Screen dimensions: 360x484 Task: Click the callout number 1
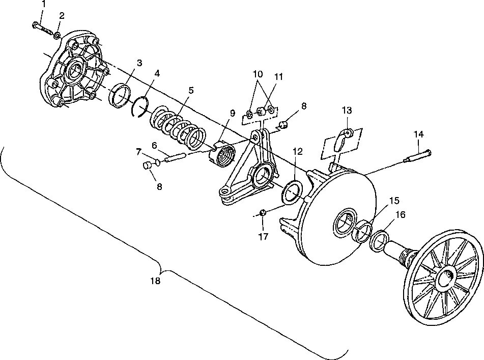click(x=43, y=4)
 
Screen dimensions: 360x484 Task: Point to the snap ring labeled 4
click(x=139, y=107)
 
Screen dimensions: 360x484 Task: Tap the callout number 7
click(x=138, y=151)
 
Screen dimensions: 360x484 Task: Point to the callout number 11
click(x=278, y=77)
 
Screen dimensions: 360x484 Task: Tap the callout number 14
click(x=418, y=134)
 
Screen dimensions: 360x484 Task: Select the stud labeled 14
click(x=417, y=154)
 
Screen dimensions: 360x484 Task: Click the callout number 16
click(x=401, y=215)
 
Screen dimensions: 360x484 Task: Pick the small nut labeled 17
click(x=263, y=212)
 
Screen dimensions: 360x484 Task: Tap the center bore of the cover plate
click(x=75, y=70)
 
